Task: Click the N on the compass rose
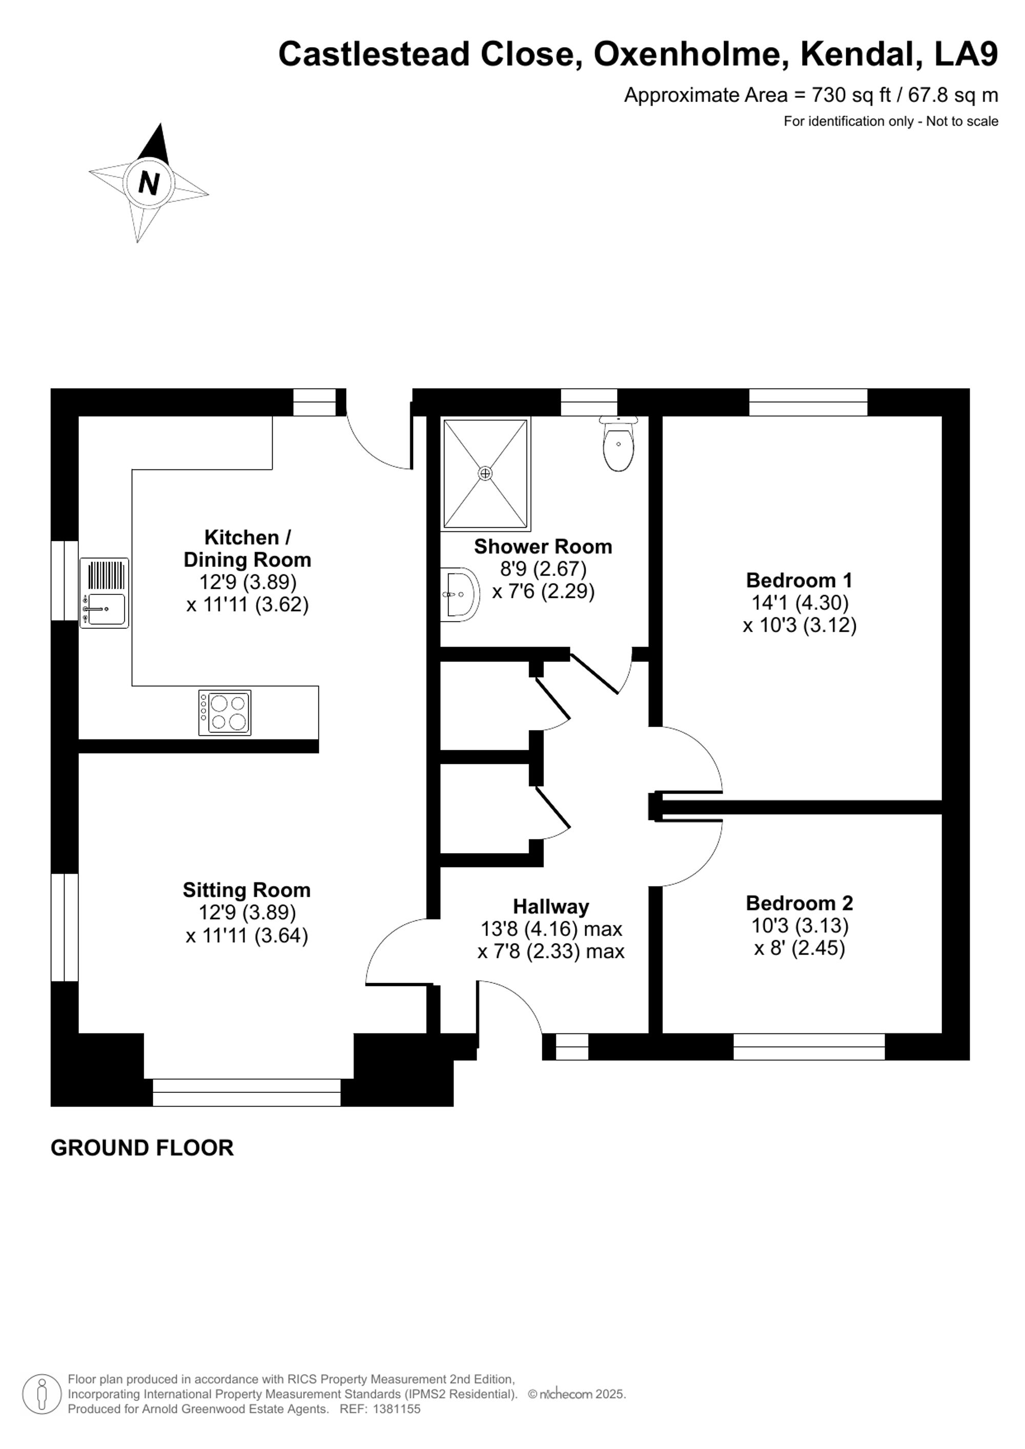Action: (x=149, y=183)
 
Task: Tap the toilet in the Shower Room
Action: (x=619, y=443)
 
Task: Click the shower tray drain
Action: (x=485, y=473)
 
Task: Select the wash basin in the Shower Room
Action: (x=460, y=594)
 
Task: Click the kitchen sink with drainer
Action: (x=104, y=593)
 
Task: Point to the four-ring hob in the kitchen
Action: (x=224, y=713)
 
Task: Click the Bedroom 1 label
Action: (x=799, y=579)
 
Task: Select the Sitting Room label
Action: (x=247, y=890)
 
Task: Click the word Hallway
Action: (x=551, y=907)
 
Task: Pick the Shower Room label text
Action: (x=543, y=547)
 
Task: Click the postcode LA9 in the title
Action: (x=966, y=54)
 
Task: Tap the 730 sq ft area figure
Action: (x=851, y=95)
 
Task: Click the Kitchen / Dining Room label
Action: (x=248, y=548)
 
